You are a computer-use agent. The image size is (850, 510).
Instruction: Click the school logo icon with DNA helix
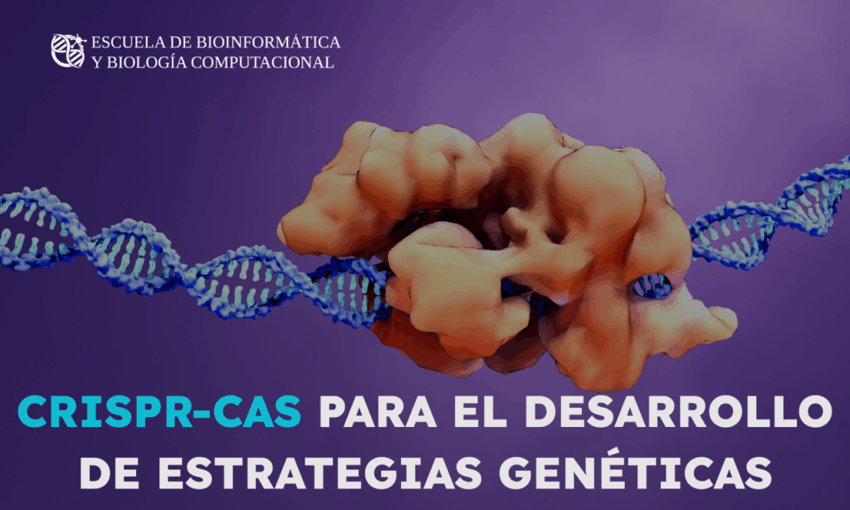pyautogui.click(x=68, y=51)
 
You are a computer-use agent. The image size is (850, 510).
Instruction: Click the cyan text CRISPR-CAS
pyautogui.click(x=159, y=412)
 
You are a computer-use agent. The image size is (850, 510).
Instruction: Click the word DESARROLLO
pyautogui.click(x=678, y=412)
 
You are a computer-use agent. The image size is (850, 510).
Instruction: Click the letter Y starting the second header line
pyautogui.click(x=97, y=62)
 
